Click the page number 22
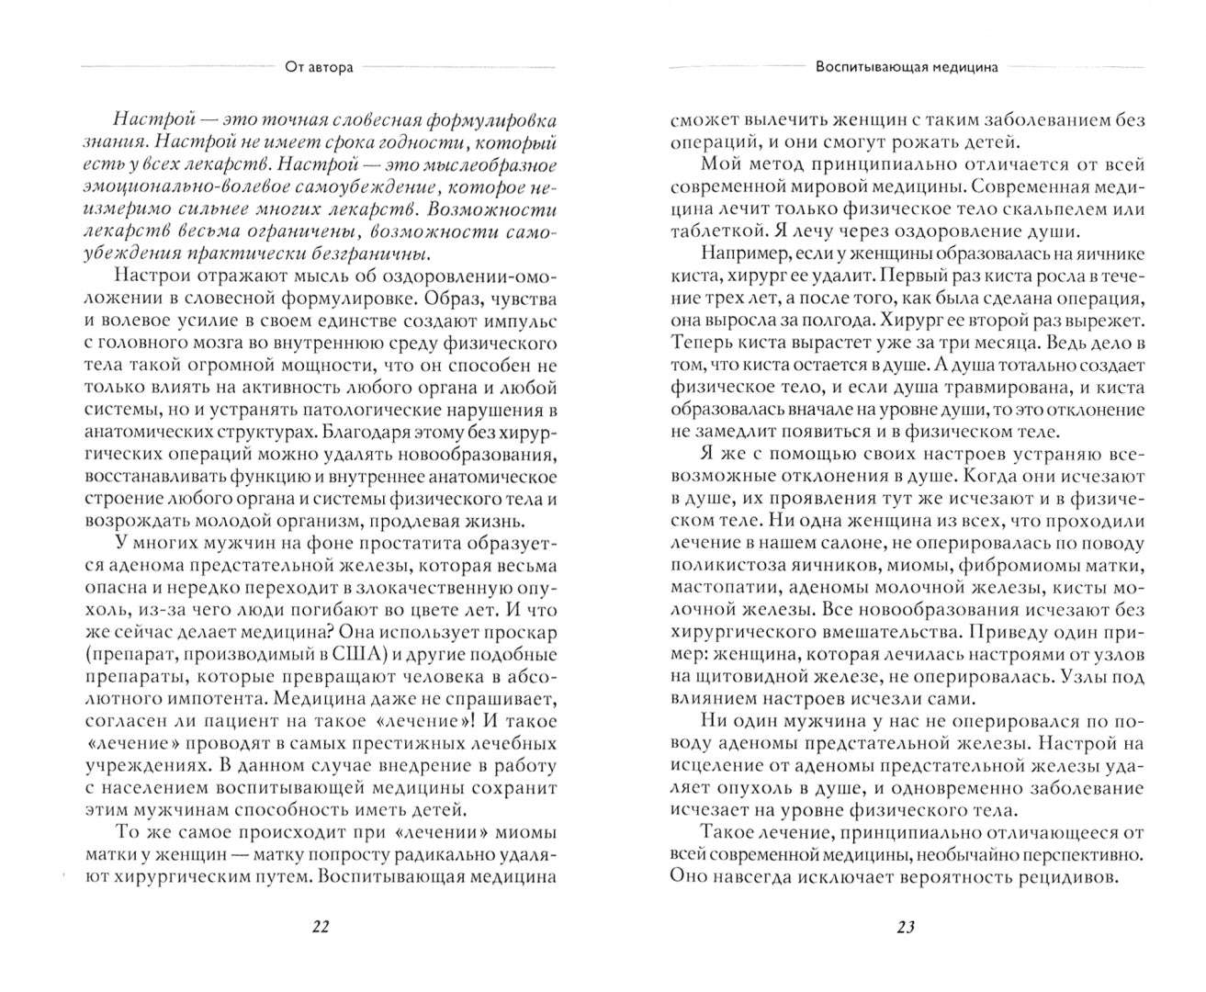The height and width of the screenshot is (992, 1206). [x=318, y=927]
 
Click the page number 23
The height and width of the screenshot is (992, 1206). [x=905, y=927]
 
